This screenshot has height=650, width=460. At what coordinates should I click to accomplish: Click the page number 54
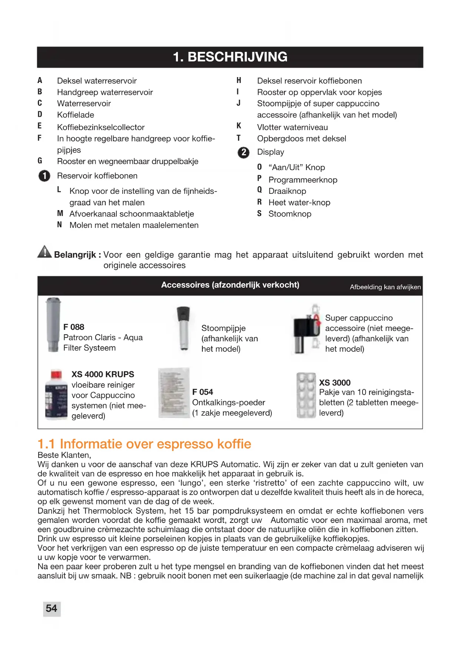pos(52,608)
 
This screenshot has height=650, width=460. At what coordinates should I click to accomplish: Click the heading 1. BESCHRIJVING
pos(230,57)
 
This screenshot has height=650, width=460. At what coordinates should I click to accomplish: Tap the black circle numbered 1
pos(44,176)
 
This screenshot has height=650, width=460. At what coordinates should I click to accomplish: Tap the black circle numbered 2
pos(244,152)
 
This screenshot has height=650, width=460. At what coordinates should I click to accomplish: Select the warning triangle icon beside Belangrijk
pos(44,252)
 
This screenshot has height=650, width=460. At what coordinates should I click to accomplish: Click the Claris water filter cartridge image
pos(53,325)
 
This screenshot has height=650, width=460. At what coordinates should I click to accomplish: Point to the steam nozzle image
pos(183,328)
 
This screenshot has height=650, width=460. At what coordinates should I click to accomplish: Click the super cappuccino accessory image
pos(307,329)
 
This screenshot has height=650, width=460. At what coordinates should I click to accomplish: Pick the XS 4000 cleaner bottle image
pos(56,395)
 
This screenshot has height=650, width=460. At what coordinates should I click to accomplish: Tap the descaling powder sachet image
pos(174,393)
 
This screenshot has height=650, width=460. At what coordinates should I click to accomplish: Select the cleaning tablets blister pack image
pos(306,395)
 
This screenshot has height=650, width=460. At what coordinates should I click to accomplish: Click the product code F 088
pos(74,327)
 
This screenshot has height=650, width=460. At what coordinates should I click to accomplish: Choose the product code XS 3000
pos(335,383)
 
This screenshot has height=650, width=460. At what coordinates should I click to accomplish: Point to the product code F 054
pos(203,392)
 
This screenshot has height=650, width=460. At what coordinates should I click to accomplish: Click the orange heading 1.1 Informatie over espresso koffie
pos(145,444)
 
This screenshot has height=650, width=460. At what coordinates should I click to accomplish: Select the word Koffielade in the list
pos(76,115)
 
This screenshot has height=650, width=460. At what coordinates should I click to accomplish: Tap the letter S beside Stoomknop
pos(259,213)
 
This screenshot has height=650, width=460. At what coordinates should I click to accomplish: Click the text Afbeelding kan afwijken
pos(385,287)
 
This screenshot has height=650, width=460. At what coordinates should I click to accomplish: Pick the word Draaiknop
pos(287,191)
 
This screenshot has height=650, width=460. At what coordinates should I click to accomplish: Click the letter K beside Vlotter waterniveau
pos(239,126)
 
